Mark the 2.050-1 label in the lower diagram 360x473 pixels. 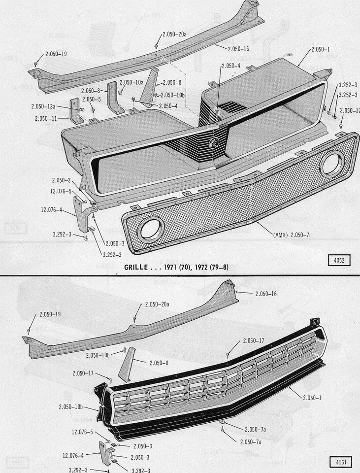(x=310, y=398)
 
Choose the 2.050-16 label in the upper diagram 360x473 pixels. (x=238, y=48)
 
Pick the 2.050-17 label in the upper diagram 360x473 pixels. (x=349, y=110)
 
